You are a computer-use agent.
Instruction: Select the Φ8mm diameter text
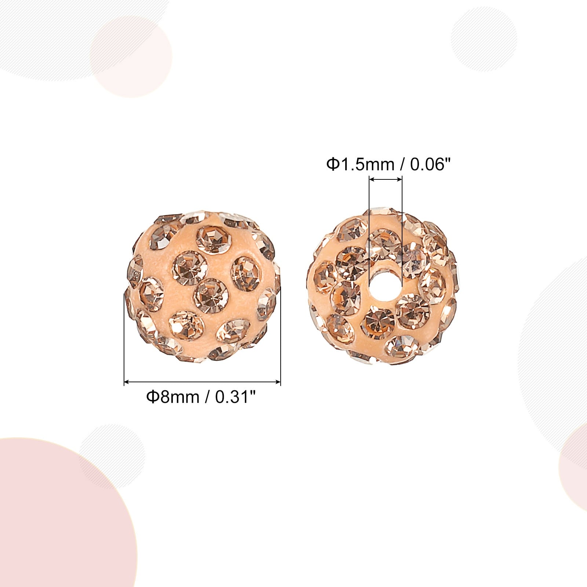click(173, 397)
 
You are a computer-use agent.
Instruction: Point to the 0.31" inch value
click(235, 397)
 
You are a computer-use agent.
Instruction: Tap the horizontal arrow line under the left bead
click(203, 382)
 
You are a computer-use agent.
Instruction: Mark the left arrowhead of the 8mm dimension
click(127, 382)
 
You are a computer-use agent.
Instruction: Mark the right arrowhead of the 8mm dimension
click(278, 382)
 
